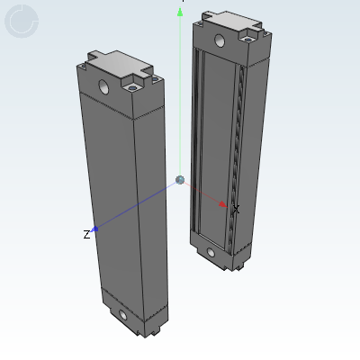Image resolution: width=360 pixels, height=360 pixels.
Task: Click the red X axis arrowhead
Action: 222,204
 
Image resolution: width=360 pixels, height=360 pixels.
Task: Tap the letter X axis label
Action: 236,209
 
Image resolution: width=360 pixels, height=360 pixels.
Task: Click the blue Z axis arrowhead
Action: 94,229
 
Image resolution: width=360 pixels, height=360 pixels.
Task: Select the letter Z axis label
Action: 86,234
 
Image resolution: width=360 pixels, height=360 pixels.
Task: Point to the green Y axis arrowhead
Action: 180,13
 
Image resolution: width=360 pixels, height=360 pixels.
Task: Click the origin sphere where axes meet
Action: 180,180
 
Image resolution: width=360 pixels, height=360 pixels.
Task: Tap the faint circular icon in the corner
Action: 22,22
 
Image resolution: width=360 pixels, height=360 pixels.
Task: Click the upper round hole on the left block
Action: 103,86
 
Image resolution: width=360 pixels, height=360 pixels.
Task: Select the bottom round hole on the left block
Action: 122,315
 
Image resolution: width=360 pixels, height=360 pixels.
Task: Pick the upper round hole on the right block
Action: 220,40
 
